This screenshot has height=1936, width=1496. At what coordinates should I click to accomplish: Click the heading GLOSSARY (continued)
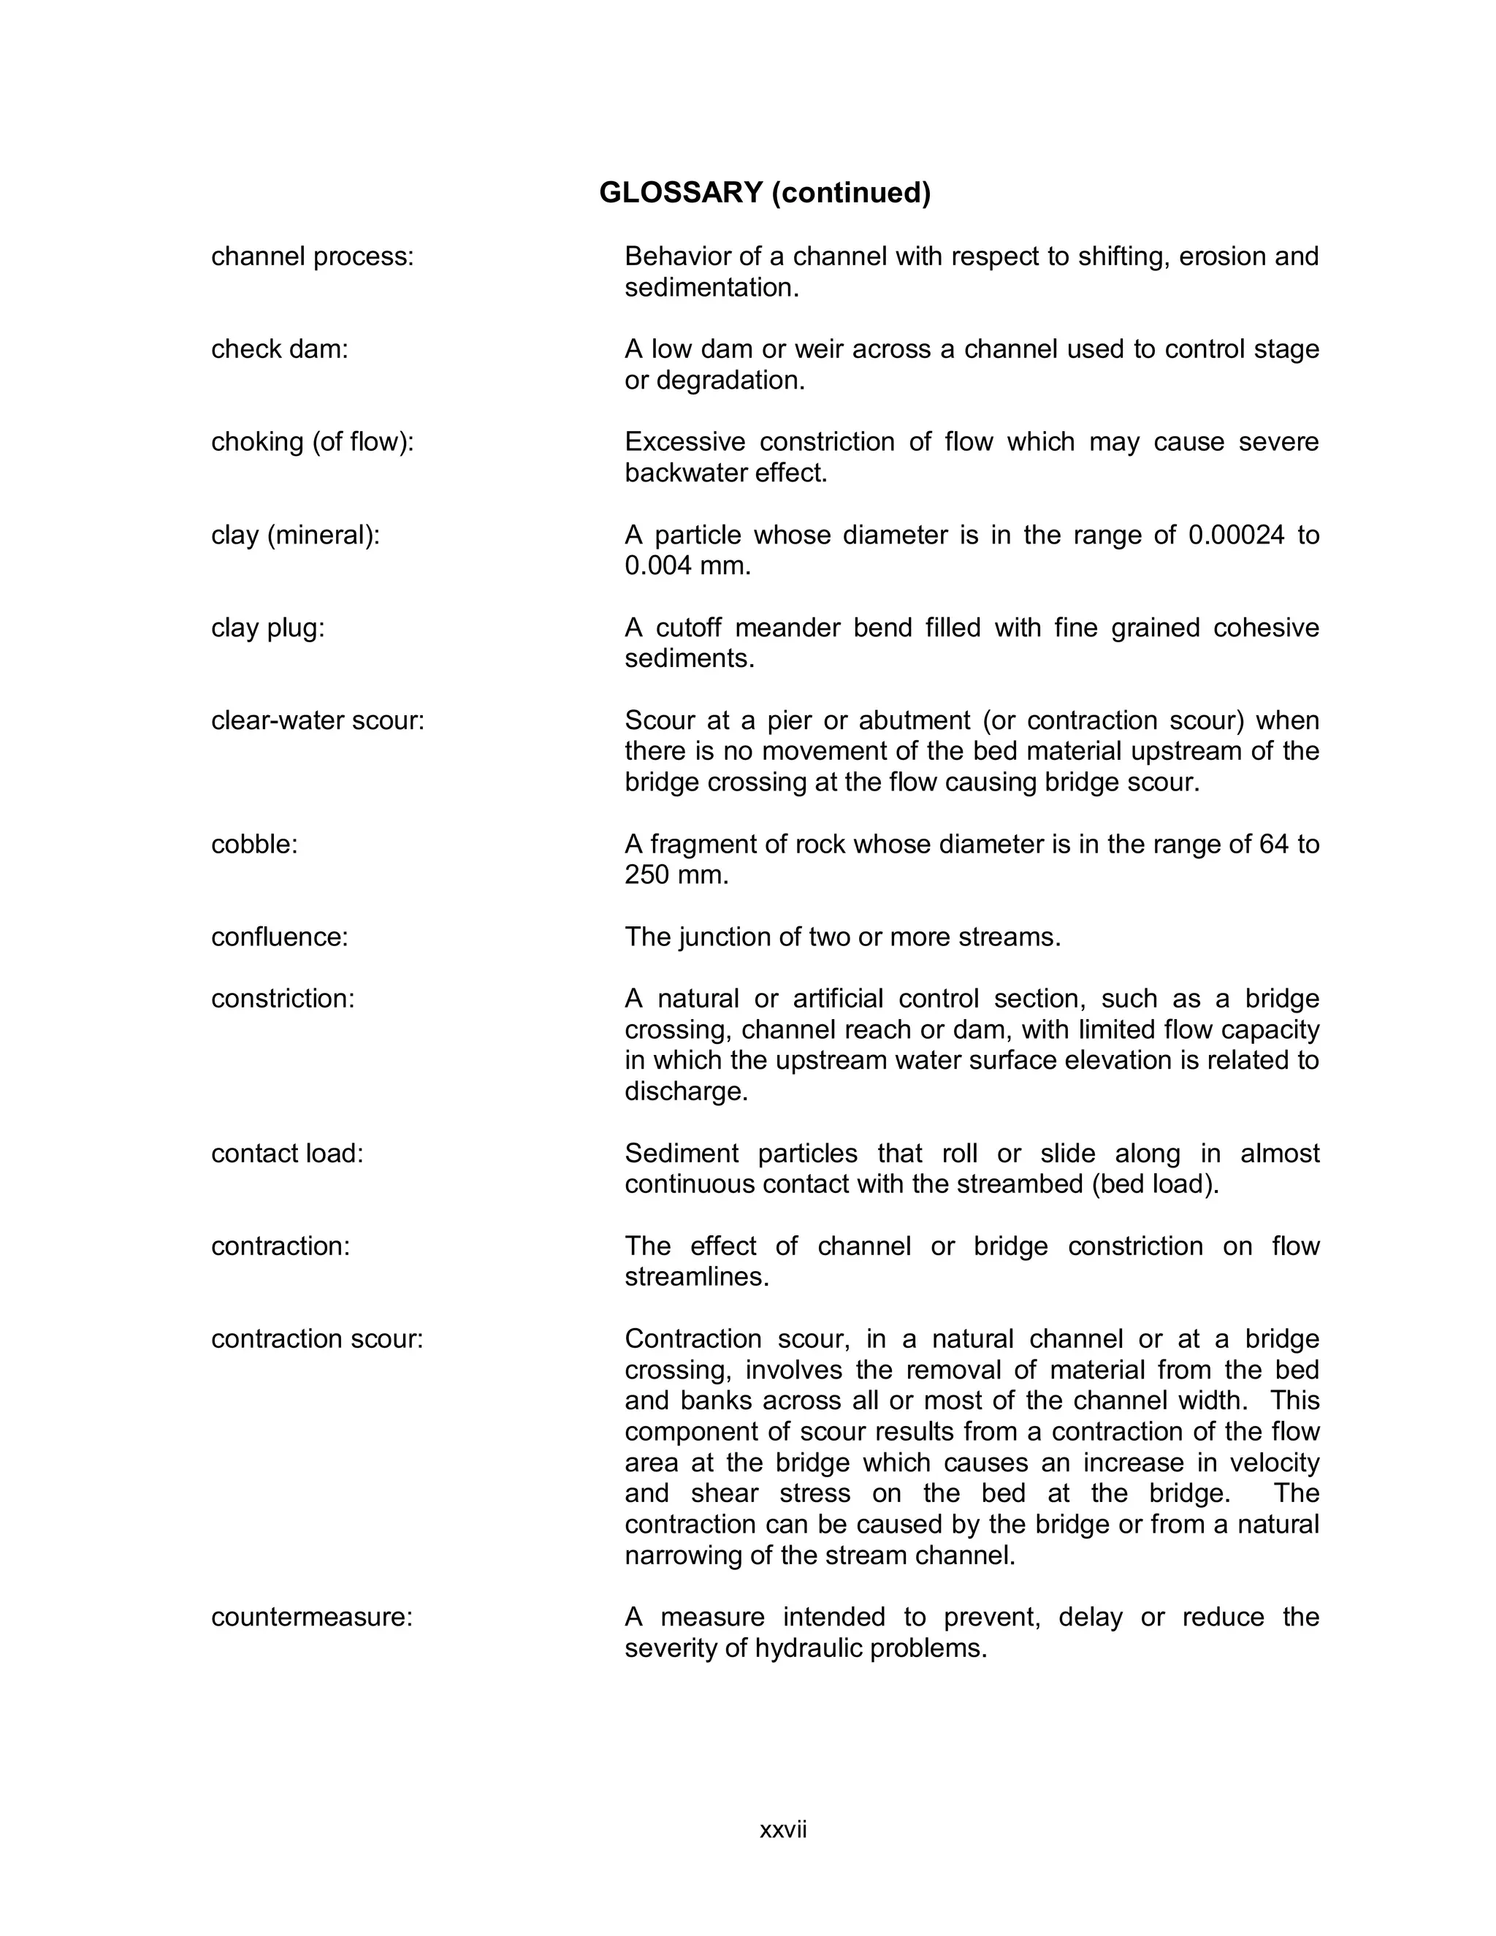point(765,192)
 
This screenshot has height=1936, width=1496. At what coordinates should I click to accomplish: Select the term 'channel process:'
point(312,256)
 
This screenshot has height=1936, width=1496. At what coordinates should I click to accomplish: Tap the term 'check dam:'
point(279,349)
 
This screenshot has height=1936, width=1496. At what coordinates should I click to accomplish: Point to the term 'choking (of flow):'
point(312,441)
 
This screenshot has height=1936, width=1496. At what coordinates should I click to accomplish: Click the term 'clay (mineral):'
point(295,535)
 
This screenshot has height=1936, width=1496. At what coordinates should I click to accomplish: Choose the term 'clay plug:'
point(267,628)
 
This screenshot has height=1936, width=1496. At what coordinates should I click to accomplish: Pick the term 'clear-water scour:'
point(317,720)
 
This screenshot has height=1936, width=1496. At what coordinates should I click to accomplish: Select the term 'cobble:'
point(254,844)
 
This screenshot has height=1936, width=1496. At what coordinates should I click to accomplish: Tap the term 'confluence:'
point(279,937)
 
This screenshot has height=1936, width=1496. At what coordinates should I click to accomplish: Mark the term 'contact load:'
point(287,1154)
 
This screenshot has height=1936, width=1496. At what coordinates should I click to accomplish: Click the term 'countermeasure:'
point(312,1617)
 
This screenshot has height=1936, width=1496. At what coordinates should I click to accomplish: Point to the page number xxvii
point(782,1829)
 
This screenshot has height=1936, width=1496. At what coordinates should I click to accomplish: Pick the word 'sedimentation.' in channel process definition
point(711,288)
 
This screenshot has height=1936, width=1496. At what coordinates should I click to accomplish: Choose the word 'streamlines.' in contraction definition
point(697,1277)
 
